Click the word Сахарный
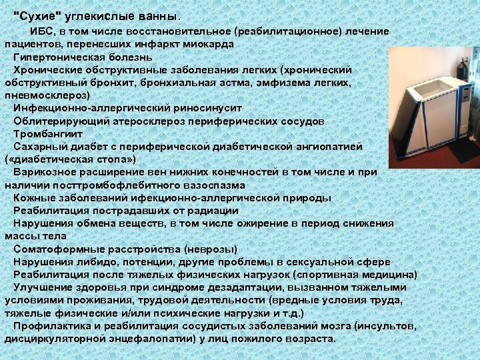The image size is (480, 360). (x=37, y=147)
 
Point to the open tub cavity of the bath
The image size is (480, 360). (x=424, y=90)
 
